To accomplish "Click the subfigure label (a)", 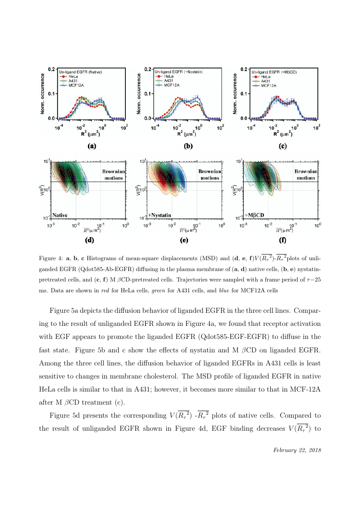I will [91, 146].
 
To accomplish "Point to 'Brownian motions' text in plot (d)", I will [114, 174].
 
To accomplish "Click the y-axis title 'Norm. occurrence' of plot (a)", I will [44, 94].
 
